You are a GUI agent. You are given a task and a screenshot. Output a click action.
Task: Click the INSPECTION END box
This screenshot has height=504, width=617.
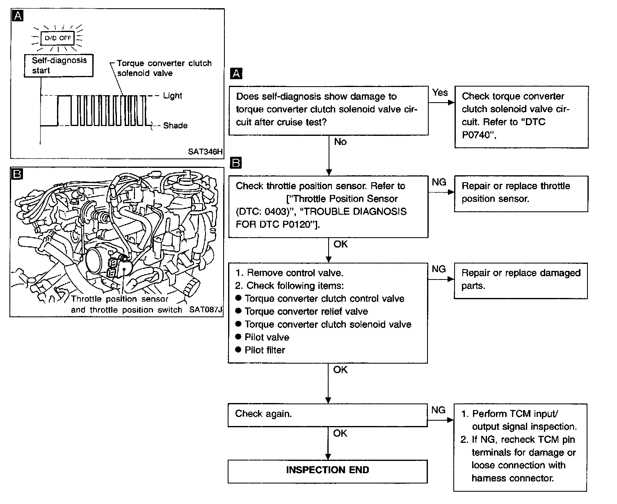327,470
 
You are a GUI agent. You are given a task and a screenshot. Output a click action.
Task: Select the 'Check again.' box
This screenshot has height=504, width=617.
327,415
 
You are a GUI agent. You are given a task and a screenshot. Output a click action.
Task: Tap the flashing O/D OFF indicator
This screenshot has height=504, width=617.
58,38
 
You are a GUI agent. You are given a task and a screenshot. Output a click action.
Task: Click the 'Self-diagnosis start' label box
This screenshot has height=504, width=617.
59,65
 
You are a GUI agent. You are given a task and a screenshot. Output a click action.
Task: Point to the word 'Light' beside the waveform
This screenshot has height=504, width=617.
172,96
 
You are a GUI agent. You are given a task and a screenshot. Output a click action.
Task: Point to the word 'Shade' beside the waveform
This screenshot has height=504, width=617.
175,126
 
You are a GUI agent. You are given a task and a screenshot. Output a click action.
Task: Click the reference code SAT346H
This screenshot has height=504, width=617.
205,151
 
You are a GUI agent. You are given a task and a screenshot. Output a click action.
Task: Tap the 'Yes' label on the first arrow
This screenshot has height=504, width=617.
440,93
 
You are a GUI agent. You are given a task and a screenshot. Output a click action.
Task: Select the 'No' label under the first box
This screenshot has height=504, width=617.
340,142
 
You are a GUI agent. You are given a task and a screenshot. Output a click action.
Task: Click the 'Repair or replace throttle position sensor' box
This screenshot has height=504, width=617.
521,193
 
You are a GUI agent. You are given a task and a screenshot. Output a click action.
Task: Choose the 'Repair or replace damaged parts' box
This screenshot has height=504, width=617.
521,280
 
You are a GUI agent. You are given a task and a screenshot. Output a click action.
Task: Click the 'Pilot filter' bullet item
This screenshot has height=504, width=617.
265,350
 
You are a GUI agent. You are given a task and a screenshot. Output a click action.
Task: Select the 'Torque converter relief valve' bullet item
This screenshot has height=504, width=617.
306,312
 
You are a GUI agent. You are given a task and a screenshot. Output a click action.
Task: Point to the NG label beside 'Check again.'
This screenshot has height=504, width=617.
439,410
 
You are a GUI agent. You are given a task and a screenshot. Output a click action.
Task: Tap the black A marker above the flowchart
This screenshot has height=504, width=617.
236,74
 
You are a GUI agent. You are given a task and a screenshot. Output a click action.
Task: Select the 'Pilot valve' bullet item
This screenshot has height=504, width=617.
267,337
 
